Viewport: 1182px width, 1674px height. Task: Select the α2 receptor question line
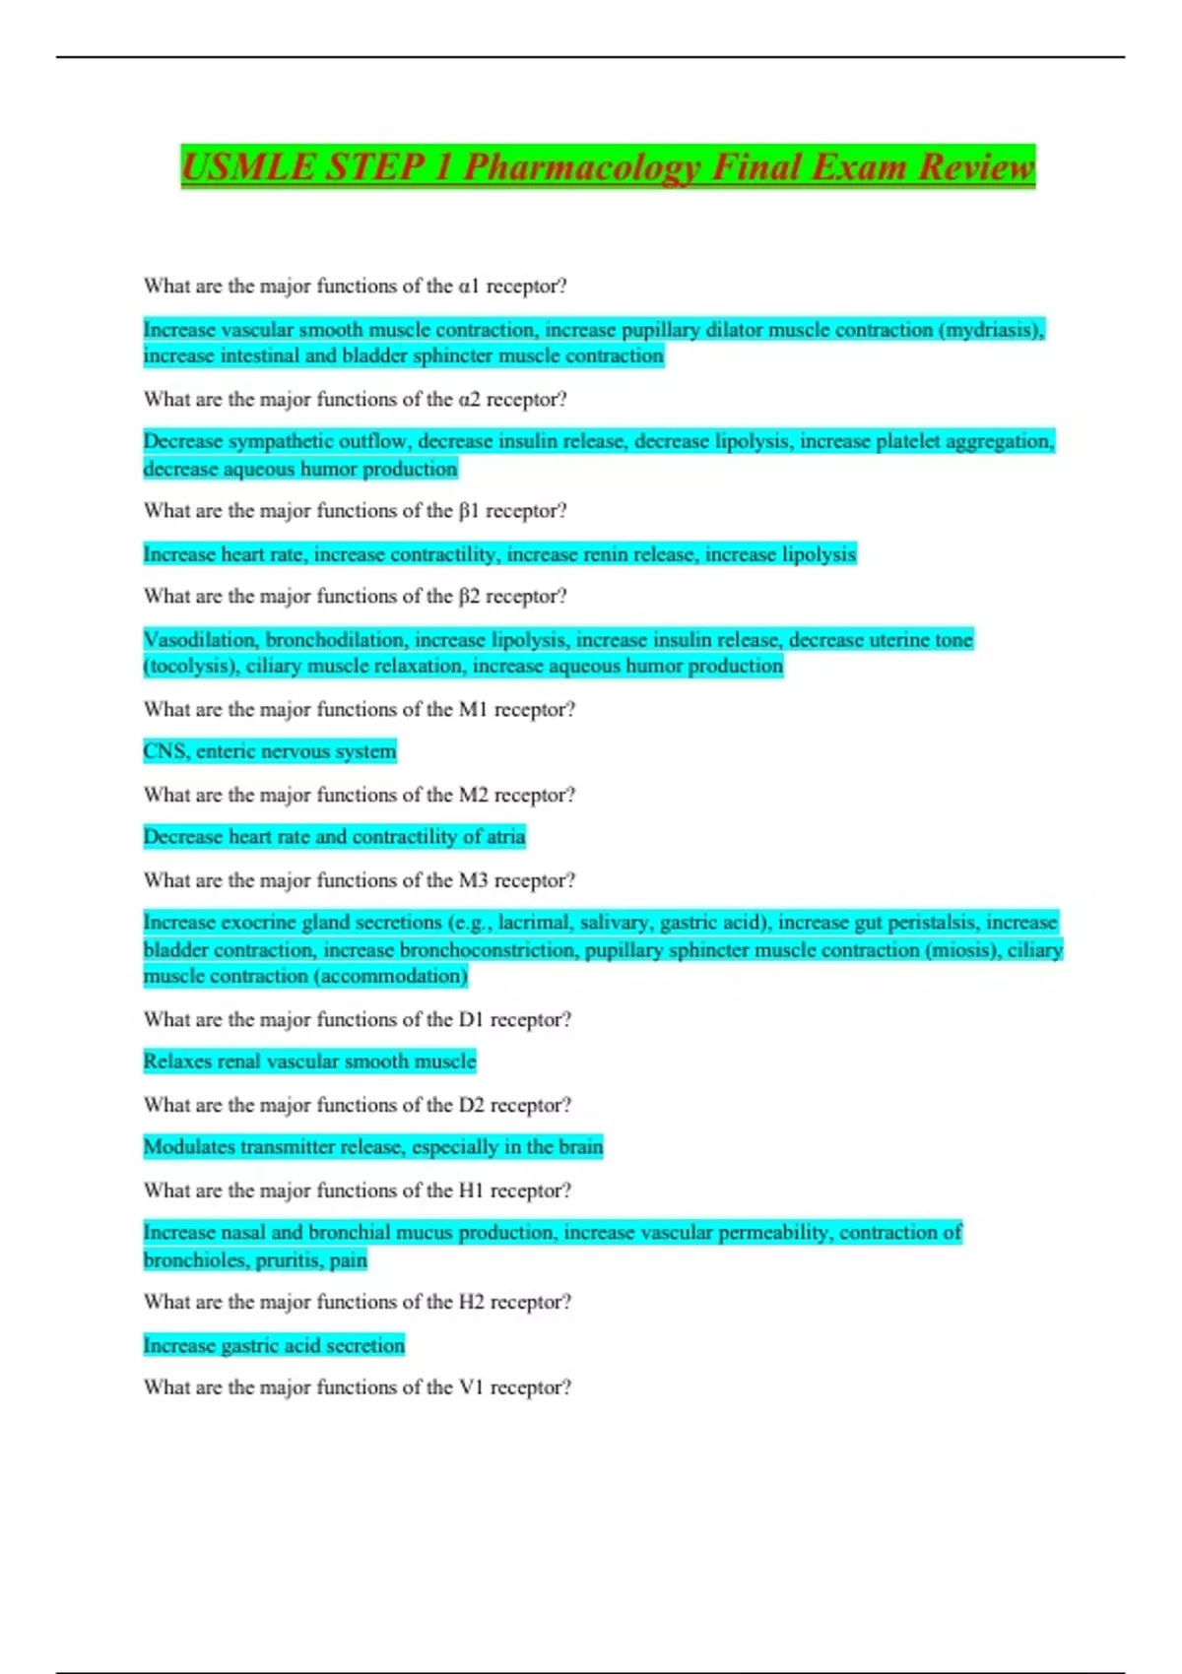pyautogui.click(x=355, y=399)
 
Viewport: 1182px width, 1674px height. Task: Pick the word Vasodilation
pyautogui.click(x=201, y=640)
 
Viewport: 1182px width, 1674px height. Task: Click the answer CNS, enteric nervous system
pyautogui.click(x=269, y=751)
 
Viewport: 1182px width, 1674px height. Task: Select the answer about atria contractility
pyautogui.click(x=334, y=837)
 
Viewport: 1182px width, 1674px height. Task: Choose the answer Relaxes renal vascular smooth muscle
pyautogui.click(x=309, y=1062)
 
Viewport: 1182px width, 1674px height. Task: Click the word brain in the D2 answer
pyautogui.click(x=579, y=1147)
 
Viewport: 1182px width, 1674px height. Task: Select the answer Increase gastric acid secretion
pyautogui.click(x=274, y=1346)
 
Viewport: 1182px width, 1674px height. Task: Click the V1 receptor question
pyautogui.click(x=357, y=1387)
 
